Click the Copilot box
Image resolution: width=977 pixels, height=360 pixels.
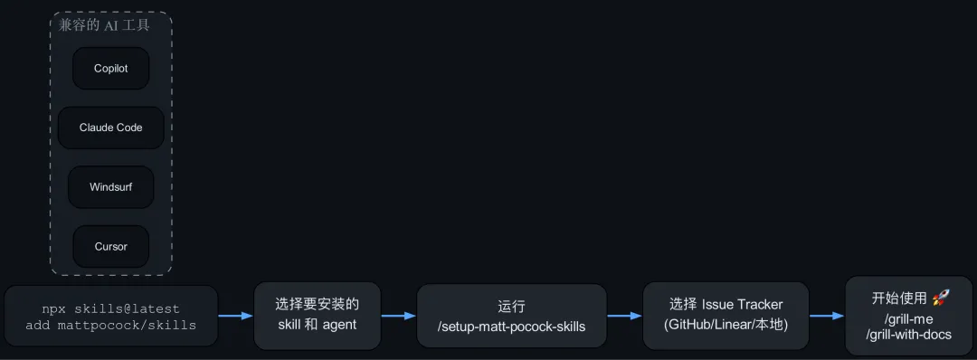click(x=111, y=69)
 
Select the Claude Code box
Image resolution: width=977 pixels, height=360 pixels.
click(x=111, y=128)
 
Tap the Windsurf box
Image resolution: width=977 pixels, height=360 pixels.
click(x=111, y=187)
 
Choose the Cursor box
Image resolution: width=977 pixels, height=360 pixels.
click(x=111, y=247)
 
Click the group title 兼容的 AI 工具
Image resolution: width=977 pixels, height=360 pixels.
click(x=104, y=25)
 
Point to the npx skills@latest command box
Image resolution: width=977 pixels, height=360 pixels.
click(x=111, y=317)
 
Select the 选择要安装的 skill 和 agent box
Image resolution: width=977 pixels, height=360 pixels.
click(x=318, y=316)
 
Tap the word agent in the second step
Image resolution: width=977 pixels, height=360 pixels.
click(x=339, y=325)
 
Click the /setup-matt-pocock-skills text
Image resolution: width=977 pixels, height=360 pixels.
click(x=511, y=326)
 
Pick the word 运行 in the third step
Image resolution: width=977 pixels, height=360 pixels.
click(x=511, y=307)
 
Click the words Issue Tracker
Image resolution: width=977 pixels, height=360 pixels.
click(x=743, y=305)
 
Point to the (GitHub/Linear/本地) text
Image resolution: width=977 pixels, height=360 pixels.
click(x=726, y=325)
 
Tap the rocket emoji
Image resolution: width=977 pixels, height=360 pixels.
click(x=940, y=298)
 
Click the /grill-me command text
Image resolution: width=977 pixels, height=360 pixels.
click(x=909, y=320)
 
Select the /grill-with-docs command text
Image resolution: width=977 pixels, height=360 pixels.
click(x=909, y=335)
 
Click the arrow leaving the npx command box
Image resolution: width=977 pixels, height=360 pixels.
click(x=236, y=316)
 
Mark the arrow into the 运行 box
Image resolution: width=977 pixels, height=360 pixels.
click(x=399, y=316)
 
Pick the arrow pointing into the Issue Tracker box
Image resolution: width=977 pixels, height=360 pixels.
click(x=625, y=316)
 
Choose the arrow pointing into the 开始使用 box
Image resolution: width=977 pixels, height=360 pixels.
click(x=827, y=316)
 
